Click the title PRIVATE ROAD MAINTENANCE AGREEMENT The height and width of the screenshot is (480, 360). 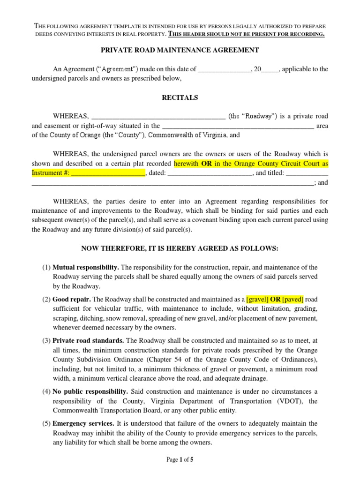(x=180, y=50)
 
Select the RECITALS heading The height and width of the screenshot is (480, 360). (x=180, y=97)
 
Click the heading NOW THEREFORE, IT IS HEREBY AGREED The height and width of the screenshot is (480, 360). (x=180, y=248)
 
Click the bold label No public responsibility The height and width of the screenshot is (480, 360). (x=90, y=391)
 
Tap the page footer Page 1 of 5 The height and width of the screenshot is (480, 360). (x=180, y=460)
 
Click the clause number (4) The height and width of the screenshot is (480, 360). (x=46, y=391)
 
